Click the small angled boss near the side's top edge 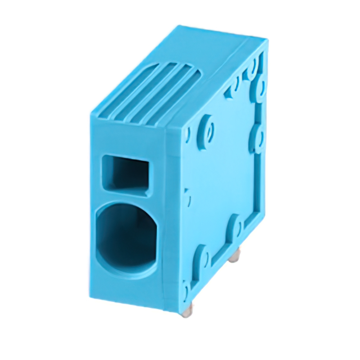(x=232, y=91)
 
